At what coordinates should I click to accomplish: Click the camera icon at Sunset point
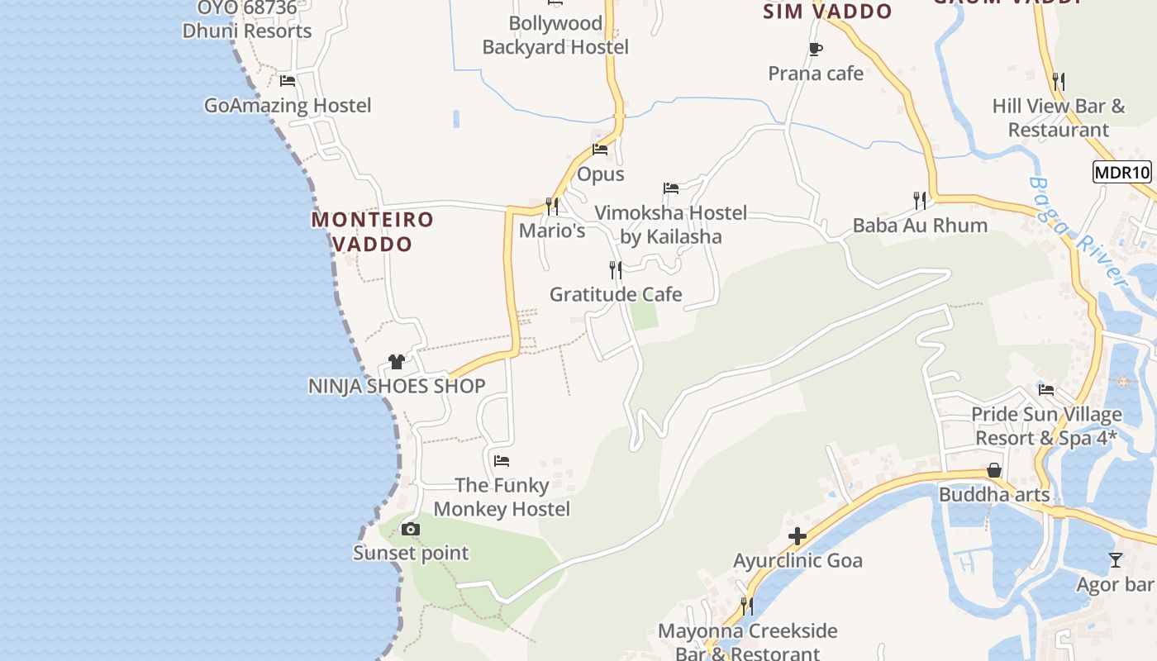click(x=411, y=529)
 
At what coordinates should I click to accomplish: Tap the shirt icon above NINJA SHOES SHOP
click(x=397, y=361)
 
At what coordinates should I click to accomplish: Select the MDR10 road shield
click(x=1121, y=173)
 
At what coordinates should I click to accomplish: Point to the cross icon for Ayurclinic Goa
click(x=798, y=537)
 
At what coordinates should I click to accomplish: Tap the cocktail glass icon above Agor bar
click(x=1116, y=560)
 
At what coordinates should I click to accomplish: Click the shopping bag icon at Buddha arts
click(x=994, y=470)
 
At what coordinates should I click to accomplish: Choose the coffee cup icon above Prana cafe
click(x=816, y=49)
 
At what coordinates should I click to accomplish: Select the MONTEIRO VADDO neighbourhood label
click(x=373, y=232)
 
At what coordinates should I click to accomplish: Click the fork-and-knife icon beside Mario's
click(x=552, y=206)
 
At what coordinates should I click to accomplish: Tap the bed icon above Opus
click(x=600, y=150)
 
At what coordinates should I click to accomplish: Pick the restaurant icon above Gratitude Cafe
click(x=616, y=269)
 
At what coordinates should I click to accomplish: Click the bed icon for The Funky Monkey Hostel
click(x=502, y=460)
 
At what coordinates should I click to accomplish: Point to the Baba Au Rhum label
click(x=920, y=226)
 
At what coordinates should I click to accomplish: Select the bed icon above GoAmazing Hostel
click(x=288, y=81)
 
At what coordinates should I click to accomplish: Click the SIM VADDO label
click(x=827, y=12)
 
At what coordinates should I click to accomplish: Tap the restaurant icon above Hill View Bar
click(x=1059, y=81)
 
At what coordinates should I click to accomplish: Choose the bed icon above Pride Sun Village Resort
click(x=1046, y=389)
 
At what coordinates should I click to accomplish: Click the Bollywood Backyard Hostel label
click(x=555, y=36)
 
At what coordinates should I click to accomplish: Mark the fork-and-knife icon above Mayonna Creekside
click(x=747, y=606)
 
